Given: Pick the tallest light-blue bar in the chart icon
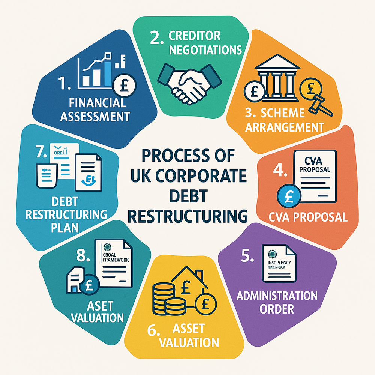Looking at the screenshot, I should [108, 73].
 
